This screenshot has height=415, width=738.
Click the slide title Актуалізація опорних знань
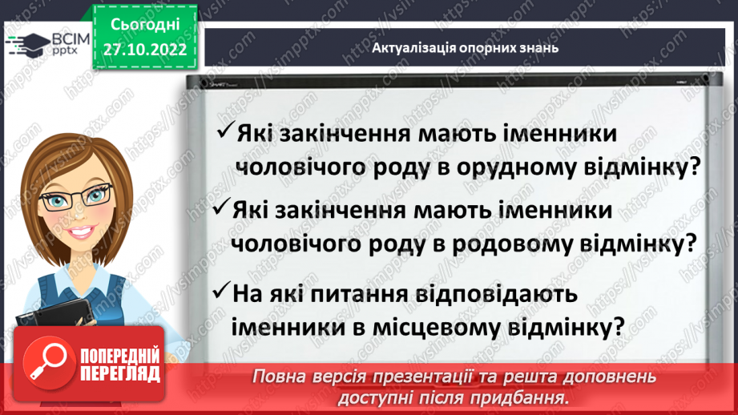465,48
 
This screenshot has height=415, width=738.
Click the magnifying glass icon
44,365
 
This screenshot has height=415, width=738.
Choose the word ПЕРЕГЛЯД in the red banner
120,374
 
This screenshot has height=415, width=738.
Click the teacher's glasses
77,195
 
